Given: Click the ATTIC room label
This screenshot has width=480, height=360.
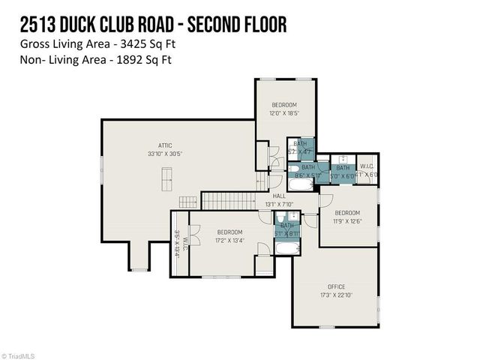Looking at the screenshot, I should pyautogui.click(x=165, y=145).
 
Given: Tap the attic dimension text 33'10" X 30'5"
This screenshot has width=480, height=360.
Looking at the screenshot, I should pyautogui.click(x=165, y=154).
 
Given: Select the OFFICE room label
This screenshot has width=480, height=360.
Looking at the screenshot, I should pyautogui.click(x=335, y=286).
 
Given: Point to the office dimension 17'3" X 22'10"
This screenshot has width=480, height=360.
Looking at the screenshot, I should pyautogui.click(x=335, y=295).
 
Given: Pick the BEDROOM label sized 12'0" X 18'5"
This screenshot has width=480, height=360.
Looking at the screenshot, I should pyautogui.click(x=284, y=104).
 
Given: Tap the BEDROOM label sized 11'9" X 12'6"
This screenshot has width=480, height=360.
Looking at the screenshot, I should pyautogui.click(x=347, y=212).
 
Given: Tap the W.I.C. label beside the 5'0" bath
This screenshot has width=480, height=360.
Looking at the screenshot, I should pyautogui.click(x=367, y=166).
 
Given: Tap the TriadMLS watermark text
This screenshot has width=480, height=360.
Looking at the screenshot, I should pyautogui.click(x=22, y=355).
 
